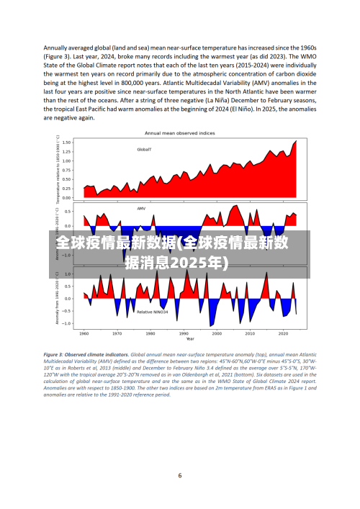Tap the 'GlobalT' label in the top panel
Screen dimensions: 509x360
pos(144,150)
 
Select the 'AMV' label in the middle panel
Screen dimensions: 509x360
pos(141,209)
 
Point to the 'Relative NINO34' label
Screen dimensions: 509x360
pos(153,312)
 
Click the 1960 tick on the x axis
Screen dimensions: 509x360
pos(84,334)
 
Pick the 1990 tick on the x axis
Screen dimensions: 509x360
pos(184,334)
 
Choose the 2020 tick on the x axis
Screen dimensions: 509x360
pos(283,334)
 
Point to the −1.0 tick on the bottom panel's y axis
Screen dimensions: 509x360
pos(67,323)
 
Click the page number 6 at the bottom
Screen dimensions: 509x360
pos(180,475)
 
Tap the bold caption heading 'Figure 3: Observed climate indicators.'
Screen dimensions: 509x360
pos(86,355)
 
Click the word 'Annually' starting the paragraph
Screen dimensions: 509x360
pos(58,48)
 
